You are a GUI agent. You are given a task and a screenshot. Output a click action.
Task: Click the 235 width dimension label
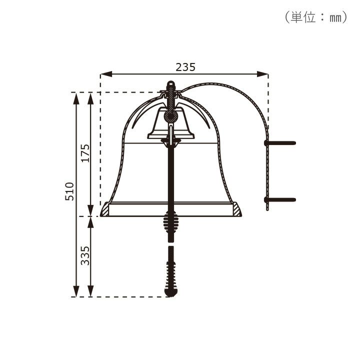tap(185, 67)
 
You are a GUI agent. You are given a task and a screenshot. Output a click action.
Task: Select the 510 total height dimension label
tap(69, 191)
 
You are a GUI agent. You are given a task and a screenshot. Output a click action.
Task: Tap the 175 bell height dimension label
tap(85, 153)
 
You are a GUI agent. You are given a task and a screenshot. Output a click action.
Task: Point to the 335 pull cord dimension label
tap(85, 255)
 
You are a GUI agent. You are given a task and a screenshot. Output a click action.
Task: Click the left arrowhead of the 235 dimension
tap(106, 74)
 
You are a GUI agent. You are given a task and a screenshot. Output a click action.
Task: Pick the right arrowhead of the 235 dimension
tap(262, 74)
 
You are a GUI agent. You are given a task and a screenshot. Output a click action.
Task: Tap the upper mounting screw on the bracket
tap(280, 143)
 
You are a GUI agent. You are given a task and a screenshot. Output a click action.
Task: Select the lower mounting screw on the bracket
tap(280, 199)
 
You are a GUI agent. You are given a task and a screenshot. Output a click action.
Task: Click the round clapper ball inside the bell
tap(170, 116)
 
